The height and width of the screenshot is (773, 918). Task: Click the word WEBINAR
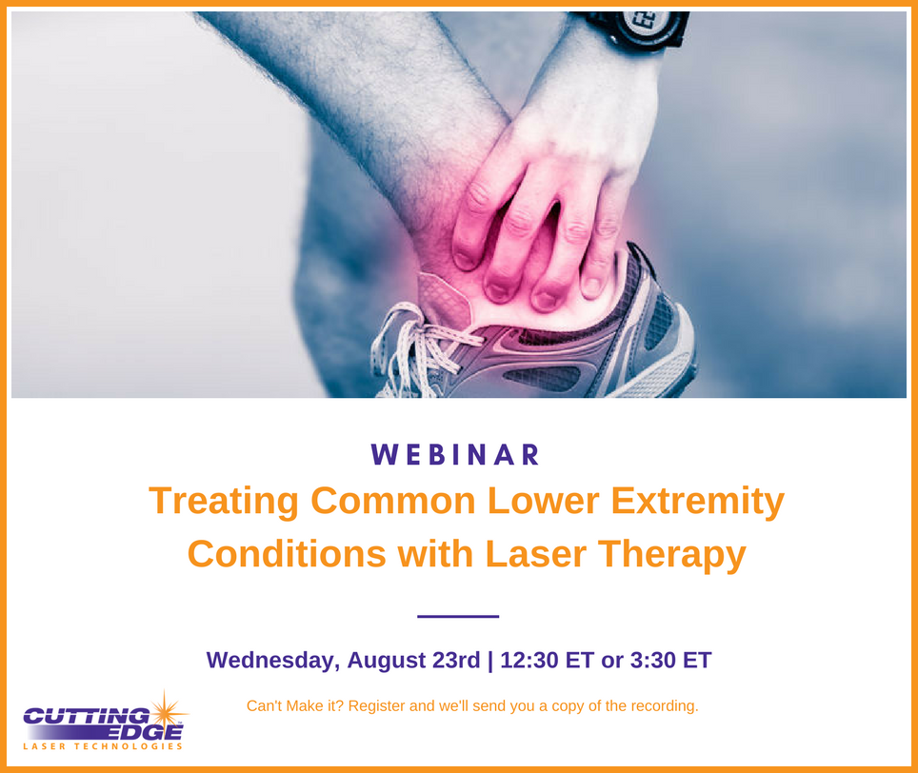pos(456,455)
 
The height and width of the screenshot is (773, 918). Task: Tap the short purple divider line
pos(458,616)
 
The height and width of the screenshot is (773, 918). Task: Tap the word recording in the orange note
pos(664,706)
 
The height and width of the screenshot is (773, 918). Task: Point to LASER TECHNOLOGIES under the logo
pos(103,746)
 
